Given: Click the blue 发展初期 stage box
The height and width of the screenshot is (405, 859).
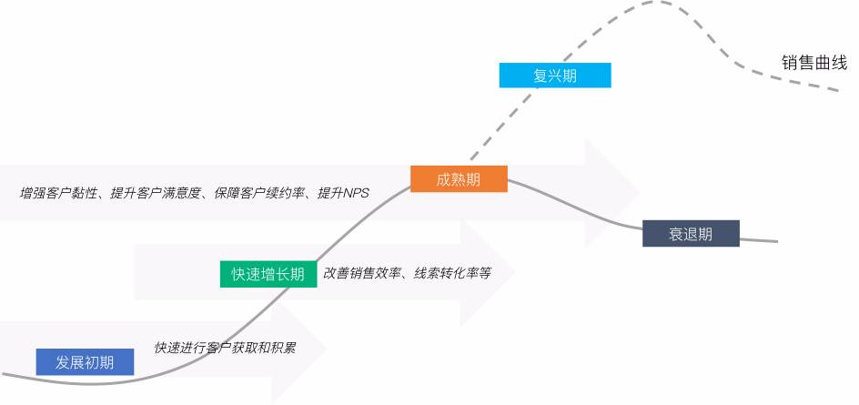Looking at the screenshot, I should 85,362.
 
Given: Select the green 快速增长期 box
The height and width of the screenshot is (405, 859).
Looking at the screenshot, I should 268,274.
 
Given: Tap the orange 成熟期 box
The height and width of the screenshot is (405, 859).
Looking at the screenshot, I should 459,178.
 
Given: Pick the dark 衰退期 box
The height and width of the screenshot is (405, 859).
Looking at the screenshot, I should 691,234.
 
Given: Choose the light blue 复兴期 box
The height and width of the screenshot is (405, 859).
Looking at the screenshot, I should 555,75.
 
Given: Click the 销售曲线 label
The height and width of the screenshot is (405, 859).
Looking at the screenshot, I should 814,63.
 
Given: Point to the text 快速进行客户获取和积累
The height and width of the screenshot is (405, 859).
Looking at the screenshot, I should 226,348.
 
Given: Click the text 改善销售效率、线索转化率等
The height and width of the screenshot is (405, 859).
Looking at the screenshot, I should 407,273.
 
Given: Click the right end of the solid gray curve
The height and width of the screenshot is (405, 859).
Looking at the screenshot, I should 777,241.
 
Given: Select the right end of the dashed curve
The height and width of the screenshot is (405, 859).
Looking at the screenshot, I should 837,89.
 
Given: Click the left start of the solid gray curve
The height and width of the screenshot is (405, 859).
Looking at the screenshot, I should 3,374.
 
